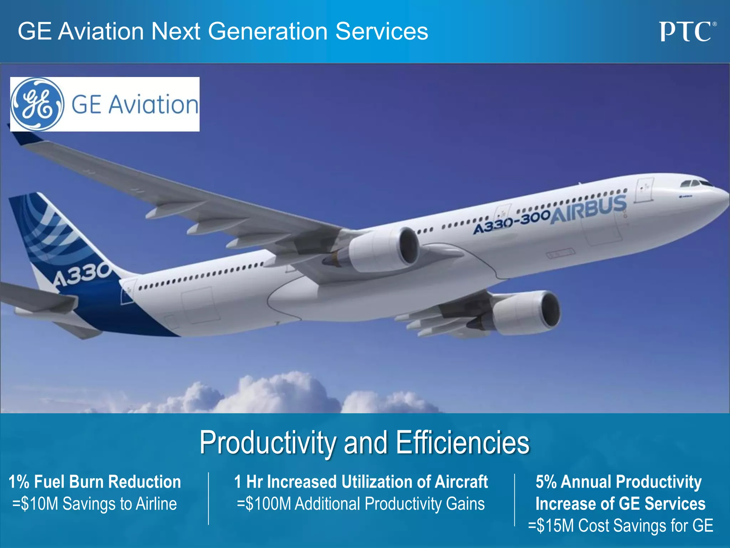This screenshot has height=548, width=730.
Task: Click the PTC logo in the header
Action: pyautogui.click(x=687, y=32)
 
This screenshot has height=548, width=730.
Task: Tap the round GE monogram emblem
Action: pyautogui.click(x=37, y=104)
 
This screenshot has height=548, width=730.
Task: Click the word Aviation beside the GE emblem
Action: pyautogui.click(x=153, y=105)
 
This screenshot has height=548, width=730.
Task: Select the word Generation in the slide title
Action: pyautogui.click(x=268, y=31)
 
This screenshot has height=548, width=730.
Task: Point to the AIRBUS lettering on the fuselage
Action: pyautogui.click(x=588, y=210)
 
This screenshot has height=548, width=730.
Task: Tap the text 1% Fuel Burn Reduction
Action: pyautogui.click(x=95, y=482)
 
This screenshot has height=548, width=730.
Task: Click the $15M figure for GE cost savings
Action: pyautogui.click(x=556, y=526)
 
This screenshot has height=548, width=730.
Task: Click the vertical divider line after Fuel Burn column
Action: pyautogui.click(x=209, y=499)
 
